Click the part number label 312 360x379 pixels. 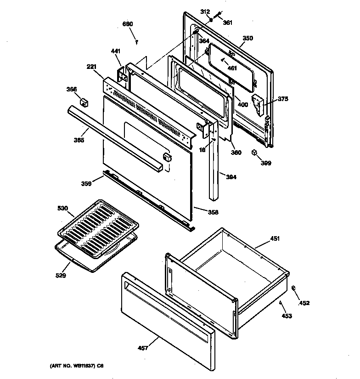pos(205,12)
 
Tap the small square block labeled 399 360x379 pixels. pos(254,153)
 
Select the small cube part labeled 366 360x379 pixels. pos(84,102)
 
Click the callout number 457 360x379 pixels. pos(143,348)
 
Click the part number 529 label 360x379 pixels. pos(61,276)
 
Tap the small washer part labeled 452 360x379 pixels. pos(293,288)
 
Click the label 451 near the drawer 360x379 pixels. pos(275,238)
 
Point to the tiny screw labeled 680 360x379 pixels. pos(137,42)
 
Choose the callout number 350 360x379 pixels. pos(247,38)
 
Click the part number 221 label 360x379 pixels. pos(92,67)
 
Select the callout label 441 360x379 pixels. pos(115,52)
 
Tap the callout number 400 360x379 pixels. pos(242,105)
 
